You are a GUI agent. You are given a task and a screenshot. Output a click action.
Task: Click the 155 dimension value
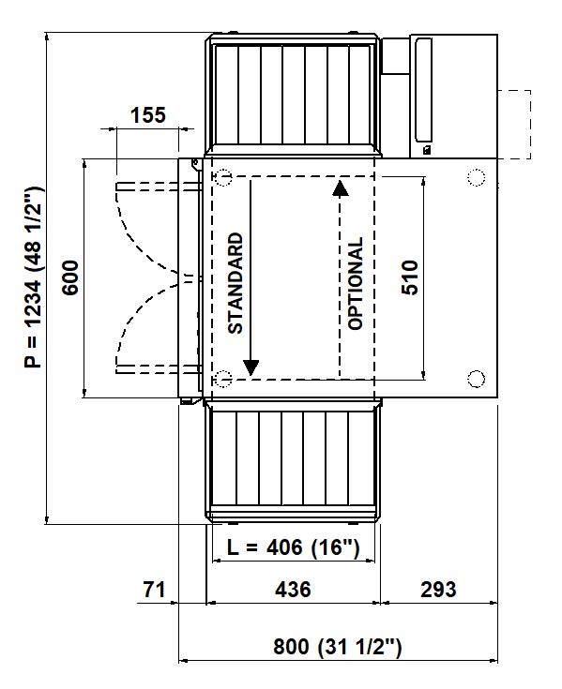click(x=148, y=115)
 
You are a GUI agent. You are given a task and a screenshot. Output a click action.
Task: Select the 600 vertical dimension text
click(x=70, y=277)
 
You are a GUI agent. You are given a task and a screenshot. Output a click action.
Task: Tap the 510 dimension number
click(x=410, y=277)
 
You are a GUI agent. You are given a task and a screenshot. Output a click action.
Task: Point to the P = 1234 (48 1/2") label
click(x=34, y=277)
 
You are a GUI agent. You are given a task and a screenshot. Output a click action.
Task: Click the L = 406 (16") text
click(x=294, y=547)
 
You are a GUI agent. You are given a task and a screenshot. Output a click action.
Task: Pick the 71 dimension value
click(x=154, y=590)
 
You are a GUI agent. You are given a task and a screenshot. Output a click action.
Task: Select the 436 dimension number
click(x=293, y=590)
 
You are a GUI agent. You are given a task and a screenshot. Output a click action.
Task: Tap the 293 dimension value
click(x=438, y=590)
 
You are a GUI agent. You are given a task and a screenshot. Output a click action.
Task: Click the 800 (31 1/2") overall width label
click(x=338, y=647)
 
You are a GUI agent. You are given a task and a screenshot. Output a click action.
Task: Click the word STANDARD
click(x=235, y=283)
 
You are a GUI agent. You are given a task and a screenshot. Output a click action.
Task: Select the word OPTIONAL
click(x=356, y=283)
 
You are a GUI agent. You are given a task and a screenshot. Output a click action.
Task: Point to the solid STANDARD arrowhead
click(x=251, y=367)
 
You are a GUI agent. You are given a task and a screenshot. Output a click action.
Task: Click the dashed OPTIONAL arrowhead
click(x=340, y=188)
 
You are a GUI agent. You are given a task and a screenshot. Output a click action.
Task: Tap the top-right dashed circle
click(x=477, y=177)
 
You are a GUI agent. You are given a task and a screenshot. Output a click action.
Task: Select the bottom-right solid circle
click(x=477, y=379)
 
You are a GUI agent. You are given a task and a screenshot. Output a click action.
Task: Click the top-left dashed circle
click(x=223, y=177)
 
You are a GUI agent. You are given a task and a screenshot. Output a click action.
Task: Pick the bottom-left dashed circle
click(x=223, y=379)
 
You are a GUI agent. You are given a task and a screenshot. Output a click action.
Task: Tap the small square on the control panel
click(x=426, y=150)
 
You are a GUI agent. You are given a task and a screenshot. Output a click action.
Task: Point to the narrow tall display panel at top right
click(x=423, y=90)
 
